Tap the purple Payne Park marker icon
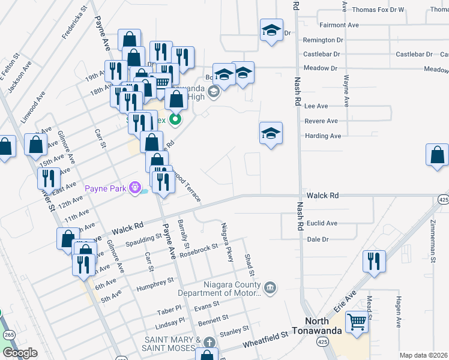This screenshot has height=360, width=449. pyautogui.click(x=136, y=188)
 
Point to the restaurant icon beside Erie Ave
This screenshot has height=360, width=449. pyautogui.click(x=374, y=261)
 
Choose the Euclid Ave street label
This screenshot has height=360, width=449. pyautogui.click(x=322, y=223)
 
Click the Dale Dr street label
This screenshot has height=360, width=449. pyautogui.click(x=318, y=239)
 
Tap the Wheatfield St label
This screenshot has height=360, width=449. pyautogui.click(x=266, y=343)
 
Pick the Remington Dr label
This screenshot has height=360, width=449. pyautogui.click(x=323, y=40)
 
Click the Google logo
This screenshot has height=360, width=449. pyautogui.click(x=20, y=353)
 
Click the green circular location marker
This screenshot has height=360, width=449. pyautogui.click(x=175, y=119)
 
